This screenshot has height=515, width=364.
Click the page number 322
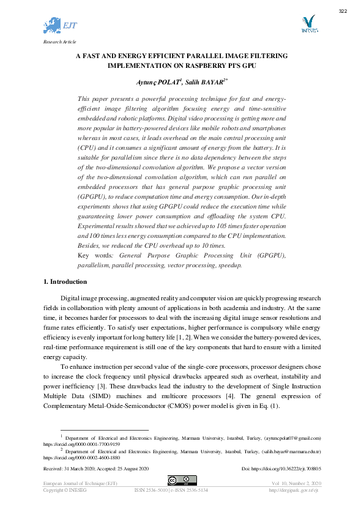pyautogui.click(x=343, y=12)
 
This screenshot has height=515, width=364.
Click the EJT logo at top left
pyautogui.click(x=60, y=26)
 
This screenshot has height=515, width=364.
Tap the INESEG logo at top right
pyautogui.click(x=310, y=25)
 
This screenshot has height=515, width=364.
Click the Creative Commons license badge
pyautogui.click(x=182, y=480)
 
